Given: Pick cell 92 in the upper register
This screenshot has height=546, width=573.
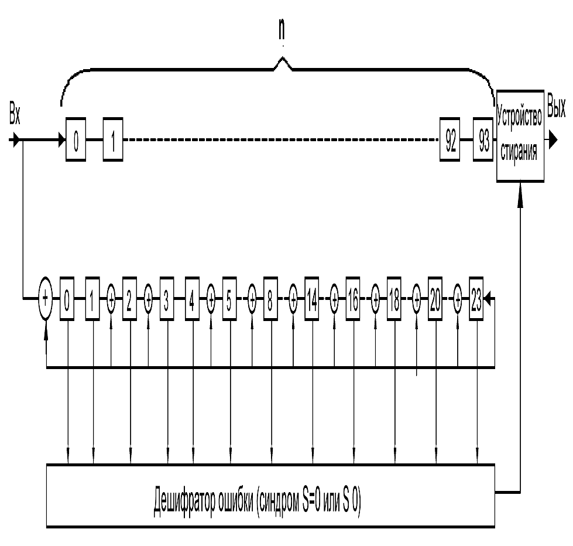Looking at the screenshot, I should [x=450, y=141].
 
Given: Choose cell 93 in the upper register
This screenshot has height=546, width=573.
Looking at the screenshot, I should [x=483, y=141].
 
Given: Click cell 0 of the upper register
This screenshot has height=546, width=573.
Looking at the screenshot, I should [x=76, y=141].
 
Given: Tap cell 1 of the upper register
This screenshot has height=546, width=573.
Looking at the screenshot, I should [x=113, y=141].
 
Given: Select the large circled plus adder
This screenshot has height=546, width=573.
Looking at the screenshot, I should [x=46, y=298].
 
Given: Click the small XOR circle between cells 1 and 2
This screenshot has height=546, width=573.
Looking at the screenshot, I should [x=111, y=298].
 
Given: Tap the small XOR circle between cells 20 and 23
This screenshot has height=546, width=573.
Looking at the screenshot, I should [x=458, y=298].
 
